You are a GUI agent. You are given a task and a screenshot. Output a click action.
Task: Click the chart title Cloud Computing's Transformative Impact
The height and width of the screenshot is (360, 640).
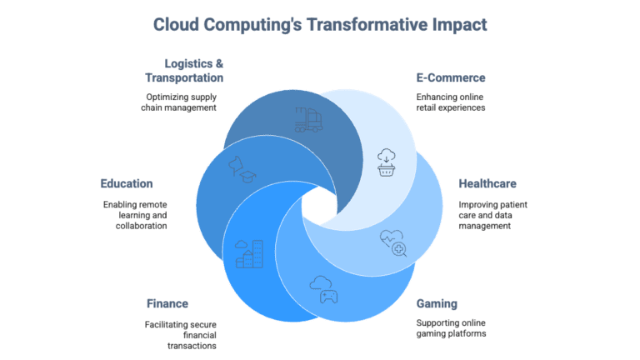(x=320, y=24)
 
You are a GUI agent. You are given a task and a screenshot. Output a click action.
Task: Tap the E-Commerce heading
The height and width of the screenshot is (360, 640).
(x=451, y=77)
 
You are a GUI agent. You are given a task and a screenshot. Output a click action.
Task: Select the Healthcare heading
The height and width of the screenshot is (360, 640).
(x=487, y=183)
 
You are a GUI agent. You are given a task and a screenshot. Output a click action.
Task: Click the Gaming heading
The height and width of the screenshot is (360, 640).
(x=437, y=303)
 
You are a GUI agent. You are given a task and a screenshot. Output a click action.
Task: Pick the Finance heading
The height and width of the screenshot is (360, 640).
(x=167, y=303)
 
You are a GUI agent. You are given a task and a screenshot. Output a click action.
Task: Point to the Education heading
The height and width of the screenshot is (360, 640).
(x=127, y=183)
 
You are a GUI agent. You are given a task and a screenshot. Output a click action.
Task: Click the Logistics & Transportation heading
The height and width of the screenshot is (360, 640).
(x=184, y=71)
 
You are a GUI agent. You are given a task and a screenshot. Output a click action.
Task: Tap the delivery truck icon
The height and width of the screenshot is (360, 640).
(x=308, y=120)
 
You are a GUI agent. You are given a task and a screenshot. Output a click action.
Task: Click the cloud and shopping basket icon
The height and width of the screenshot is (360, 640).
(x=386, y=162)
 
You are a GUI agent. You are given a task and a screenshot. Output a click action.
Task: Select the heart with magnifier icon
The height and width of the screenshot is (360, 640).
(x=393, y=243)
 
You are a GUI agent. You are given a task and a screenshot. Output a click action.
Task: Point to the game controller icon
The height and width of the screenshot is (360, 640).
(x=324, y=290)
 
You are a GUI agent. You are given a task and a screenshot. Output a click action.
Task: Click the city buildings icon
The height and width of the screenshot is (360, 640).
(x=249, y=254)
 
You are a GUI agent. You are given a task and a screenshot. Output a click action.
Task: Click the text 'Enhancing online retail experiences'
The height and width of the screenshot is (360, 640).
(x=451, y=102)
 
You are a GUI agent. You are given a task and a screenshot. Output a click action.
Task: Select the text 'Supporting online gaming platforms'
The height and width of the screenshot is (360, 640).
(x=451, y=328)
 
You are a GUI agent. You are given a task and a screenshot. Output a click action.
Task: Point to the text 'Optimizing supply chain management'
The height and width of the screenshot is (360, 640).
(x=179, y=102)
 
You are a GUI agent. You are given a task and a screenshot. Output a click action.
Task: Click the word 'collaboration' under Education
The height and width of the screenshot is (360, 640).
(x=141, y=226)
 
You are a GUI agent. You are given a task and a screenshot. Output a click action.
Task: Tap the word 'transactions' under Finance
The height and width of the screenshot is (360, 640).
(x=192, y=346)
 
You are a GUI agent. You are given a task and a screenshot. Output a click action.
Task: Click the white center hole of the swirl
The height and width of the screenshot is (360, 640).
(x=320, y=206)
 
